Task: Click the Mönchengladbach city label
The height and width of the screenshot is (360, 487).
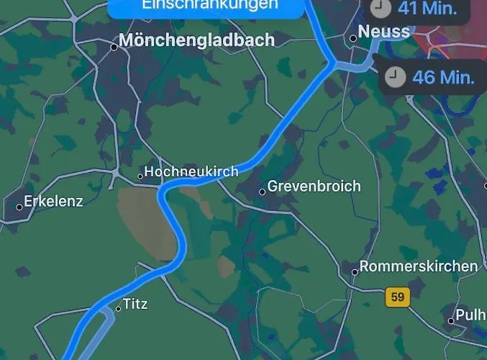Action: pos(196,40)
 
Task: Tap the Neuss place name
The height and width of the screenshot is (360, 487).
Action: pos(384,32)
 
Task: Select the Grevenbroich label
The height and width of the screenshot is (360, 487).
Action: pos(314,186)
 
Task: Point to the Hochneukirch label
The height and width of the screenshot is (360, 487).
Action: pos(191,172)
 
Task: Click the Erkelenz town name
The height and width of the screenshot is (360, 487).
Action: pos(54,202)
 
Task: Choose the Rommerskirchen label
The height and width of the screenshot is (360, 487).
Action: pos(419,266)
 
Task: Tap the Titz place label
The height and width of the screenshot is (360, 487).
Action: pos(135,304)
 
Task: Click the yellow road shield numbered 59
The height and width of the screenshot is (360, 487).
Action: pos(396,296)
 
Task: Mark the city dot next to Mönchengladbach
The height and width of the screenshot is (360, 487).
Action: pos(114,47)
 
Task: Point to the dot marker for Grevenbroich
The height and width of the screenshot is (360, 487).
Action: pos(263,192)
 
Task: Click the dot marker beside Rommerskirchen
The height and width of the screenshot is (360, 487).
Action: pos(355,272)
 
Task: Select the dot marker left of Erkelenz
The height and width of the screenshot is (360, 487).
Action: pos(19,207)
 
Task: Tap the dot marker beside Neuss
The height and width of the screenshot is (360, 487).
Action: pos(353,38)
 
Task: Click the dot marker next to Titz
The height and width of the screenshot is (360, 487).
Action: pos(119,309)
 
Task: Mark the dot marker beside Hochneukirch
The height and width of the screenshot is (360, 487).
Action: pos(140,176)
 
